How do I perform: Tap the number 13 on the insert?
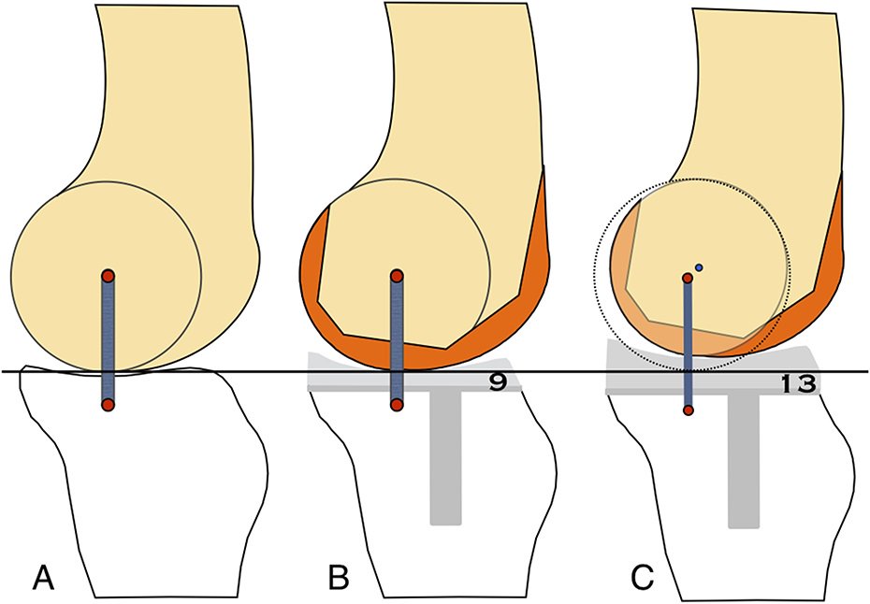(x=796, y=383)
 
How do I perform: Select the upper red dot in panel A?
(x=108, y=276)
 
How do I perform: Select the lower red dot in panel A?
(x=108, y=405)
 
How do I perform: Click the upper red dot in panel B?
(x=397, y=276)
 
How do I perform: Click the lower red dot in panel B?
(x=397, y=405)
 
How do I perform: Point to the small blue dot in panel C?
(x=699, y=267)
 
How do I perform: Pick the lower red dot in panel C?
(x=689, y=410)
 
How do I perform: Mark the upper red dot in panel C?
(x=688, y=277)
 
